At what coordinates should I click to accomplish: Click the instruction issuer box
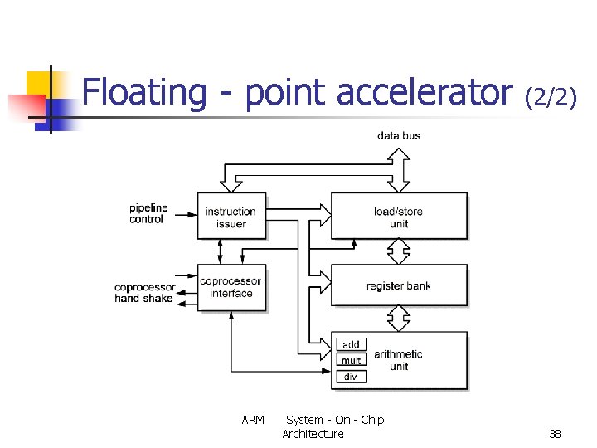point(231,216)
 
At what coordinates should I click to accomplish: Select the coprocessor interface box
point(231,288)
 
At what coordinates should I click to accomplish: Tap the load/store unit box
point(399,216)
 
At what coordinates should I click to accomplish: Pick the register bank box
point(399,286)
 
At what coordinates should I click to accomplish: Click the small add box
point(352,344)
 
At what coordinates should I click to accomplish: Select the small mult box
point(352,360)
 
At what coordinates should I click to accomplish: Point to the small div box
point(352,376)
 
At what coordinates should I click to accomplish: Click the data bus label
point(399,135)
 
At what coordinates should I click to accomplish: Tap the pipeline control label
point(148,213)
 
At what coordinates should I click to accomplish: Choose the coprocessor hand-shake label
point(144,293)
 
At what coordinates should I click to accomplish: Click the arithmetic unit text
point(398,360)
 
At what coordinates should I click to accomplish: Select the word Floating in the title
point(143,93)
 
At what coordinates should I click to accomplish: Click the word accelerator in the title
point(425,93)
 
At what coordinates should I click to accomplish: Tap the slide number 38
point(555,434)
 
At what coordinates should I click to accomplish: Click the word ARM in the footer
point(253,420)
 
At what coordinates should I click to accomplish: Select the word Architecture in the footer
point(313,434)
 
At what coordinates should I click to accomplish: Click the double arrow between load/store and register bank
point(400,251)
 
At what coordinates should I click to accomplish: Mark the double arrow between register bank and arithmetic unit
point(400,318)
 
